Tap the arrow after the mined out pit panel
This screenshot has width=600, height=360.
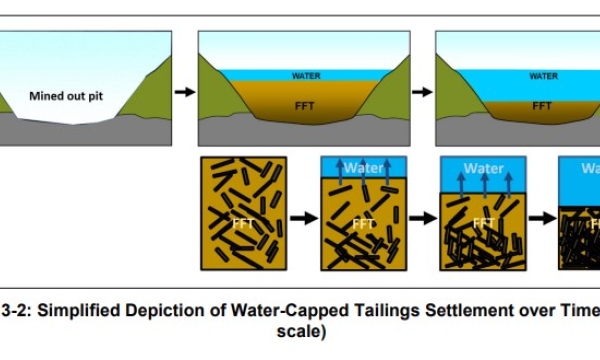(184, 92)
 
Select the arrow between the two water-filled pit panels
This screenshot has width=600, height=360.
(422, 92)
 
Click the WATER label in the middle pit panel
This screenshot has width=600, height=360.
(306, 76)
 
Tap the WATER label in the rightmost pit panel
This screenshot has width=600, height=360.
(543, 76)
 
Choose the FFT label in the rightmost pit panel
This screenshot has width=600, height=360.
(542, 105)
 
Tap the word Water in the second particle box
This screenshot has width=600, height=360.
(364, 168)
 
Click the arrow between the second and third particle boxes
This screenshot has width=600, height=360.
(424, 215)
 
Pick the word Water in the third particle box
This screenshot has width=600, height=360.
(484, 169)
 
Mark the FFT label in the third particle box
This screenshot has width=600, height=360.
(484, 224)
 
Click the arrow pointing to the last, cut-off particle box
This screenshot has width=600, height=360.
(543, 215)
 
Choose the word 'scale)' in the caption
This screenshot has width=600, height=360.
(300, 331)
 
